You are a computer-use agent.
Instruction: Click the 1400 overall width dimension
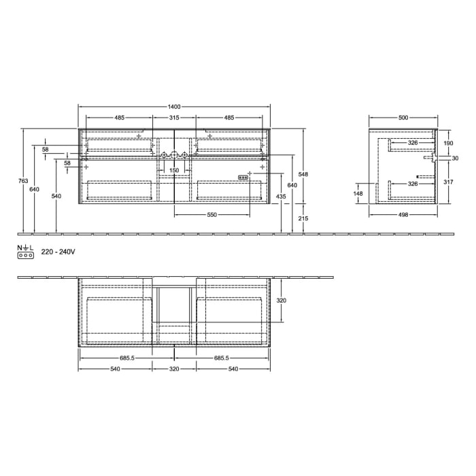click(174, 107)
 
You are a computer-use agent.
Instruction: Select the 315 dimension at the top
click(174, 118)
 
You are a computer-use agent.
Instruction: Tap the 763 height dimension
click(23, 181)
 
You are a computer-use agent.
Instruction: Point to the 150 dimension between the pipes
click(174, 170)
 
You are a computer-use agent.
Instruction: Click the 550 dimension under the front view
click(211, 215)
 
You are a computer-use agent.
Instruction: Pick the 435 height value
click(280, 197)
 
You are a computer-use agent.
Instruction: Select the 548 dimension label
click(304, 175)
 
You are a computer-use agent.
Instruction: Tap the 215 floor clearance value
click(304, 218)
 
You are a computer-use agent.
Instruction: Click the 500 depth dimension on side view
click(403, 118)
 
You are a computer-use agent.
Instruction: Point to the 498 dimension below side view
click(403, 215)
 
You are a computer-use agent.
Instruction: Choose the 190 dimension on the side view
click(447, 143)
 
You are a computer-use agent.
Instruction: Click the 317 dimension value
click(447, 182)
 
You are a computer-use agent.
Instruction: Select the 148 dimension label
click(358, 193)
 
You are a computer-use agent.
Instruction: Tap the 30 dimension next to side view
click(455, 158)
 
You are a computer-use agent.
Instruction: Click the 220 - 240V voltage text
click(58, 252)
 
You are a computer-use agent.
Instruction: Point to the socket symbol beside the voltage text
click(24, 256)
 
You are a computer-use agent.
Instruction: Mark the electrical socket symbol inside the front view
click(243, 178)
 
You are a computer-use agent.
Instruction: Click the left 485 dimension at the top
click(119, 118)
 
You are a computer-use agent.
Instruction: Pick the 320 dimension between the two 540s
click(174, 369)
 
